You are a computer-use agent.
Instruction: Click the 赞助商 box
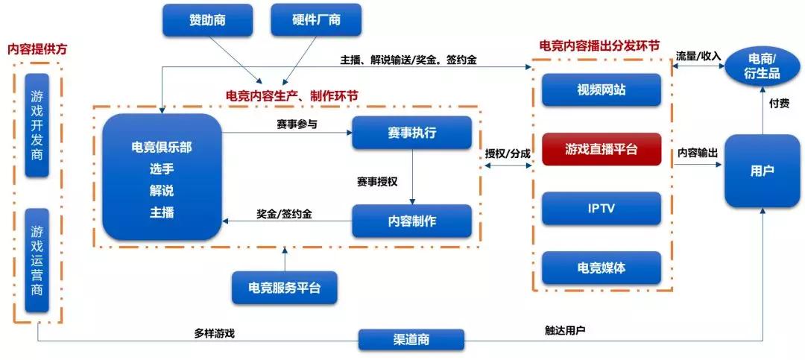coord(207,20)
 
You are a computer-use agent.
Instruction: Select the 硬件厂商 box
coord(316,20)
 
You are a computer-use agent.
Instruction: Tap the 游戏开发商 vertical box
coord(37,125)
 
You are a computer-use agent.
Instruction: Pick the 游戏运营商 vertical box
coord(37,260)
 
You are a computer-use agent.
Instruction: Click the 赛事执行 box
coord(411,133)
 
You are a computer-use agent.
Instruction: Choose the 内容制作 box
coord(411,221)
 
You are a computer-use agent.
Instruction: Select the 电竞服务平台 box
coord(285,288)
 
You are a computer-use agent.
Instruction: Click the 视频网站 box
coord(602,90)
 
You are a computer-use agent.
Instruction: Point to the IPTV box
coord(602,209)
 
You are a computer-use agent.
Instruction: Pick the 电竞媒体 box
coord(602,268)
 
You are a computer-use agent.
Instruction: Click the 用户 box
coord(762,171)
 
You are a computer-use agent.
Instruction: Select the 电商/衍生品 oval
coord(762,66)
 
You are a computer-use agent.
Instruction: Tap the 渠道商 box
coord(411,340)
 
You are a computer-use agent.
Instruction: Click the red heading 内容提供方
coord(37,49)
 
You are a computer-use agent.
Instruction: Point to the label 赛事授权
coord(377,181)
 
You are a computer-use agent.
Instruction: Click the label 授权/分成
coord(508,153)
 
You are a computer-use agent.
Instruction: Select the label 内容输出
coord(698,153)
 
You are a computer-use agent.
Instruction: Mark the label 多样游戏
coord(214,333)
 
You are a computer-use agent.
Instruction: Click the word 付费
coord(779,104)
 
